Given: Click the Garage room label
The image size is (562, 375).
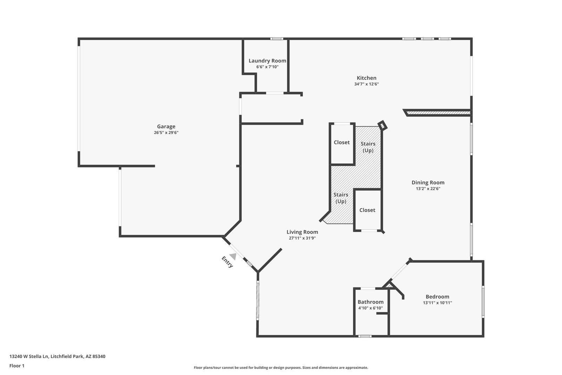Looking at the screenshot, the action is click(x=166, y=127).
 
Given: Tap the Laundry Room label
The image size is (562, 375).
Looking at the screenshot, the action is click(x=267, y=61).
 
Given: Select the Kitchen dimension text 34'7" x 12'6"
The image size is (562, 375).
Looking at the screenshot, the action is click(x=366, y=84).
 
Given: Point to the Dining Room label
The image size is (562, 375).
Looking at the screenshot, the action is click(x=428, y=183).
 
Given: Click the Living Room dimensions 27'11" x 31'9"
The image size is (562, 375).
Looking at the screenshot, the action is click(x=302, y=238).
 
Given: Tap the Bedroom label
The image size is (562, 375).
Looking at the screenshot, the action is click(x=437, y=297).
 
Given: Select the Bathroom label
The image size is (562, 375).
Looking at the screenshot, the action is click(x=371, y=302).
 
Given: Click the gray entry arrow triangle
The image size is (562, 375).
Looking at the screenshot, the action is click(x=233, y=256).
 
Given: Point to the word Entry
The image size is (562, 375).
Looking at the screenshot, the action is click(x=227, y=262).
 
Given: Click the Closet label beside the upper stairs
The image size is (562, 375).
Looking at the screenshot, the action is click(x=341, y=142).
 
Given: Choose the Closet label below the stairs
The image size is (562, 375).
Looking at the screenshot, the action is click(x=367, y=210).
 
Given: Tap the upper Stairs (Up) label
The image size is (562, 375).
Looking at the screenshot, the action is click(x=368, y=147).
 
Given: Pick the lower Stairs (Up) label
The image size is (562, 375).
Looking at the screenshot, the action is click(x=341, y=198).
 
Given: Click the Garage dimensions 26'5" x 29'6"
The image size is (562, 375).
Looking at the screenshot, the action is click(x=166, y=133).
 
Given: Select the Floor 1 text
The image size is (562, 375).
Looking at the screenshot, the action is click(x=17, y=366).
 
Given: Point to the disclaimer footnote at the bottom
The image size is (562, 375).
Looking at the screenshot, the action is click(x=281, y=368).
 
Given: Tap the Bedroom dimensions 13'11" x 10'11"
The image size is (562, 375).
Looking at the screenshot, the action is click(x=437, y=303).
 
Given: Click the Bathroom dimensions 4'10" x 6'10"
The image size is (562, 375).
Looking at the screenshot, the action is click(x=371, y=308).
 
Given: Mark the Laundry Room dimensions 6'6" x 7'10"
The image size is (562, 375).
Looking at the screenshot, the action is click(x=267, y=67).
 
